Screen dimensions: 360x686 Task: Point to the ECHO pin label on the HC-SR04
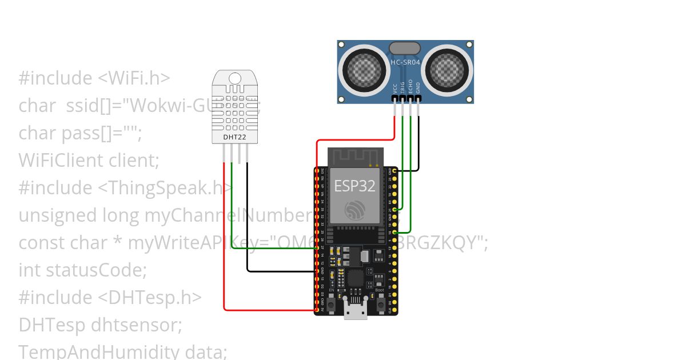(x=410, y=86)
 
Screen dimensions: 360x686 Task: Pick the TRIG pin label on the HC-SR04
(x=402, y=87)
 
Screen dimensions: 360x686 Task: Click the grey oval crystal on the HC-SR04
(x=405, y=48)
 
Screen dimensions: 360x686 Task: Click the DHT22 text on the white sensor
(x=232, y=137)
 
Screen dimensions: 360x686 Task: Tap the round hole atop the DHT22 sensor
(x=234, y=78)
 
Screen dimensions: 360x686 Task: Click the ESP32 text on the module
(x=354, y=186)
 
